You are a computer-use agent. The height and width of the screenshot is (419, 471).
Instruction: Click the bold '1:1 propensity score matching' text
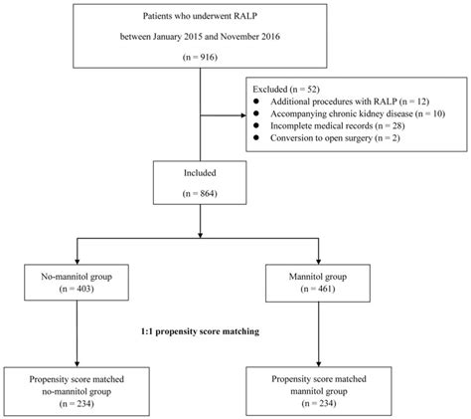pos(202,329)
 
